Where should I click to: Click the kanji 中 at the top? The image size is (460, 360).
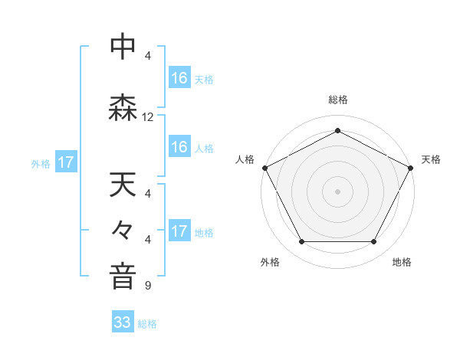tap(123, 47)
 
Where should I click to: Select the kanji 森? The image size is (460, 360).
tap(123, 109)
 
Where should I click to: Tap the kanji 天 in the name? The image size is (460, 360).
tap(123, 185)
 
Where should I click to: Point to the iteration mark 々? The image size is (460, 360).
tap(123, 230)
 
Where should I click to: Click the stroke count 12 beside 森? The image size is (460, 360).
tap(148, 117)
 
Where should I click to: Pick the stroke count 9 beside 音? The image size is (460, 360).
tap(148, 286)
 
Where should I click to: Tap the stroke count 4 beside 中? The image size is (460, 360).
tap(148, 56)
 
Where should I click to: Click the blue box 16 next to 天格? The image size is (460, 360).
tap(179, 77)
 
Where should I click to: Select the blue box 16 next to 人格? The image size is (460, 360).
tap(179, 147)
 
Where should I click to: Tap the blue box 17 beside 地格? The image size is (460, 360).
tap(179, 231)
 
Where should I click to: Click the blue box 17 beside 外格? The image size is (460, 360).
tap(66, 162)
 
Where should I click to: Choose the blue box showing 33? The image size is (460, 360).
tap(123, 322)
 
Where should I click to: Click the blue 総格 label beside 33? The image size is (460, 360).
tap(147, 324)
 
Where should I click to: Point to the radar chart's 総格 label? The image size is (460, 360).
tap(338, 100)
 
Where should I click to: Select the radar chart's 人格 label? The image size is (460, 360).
tap(245, 159)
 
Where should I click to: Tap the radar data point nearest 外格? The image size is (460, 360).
tap(301, 242)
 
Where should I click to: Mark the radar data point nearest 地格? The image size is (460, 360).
tap(374, 242)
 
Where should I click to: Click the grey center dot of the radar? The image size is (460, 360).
tap(338, 191)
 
